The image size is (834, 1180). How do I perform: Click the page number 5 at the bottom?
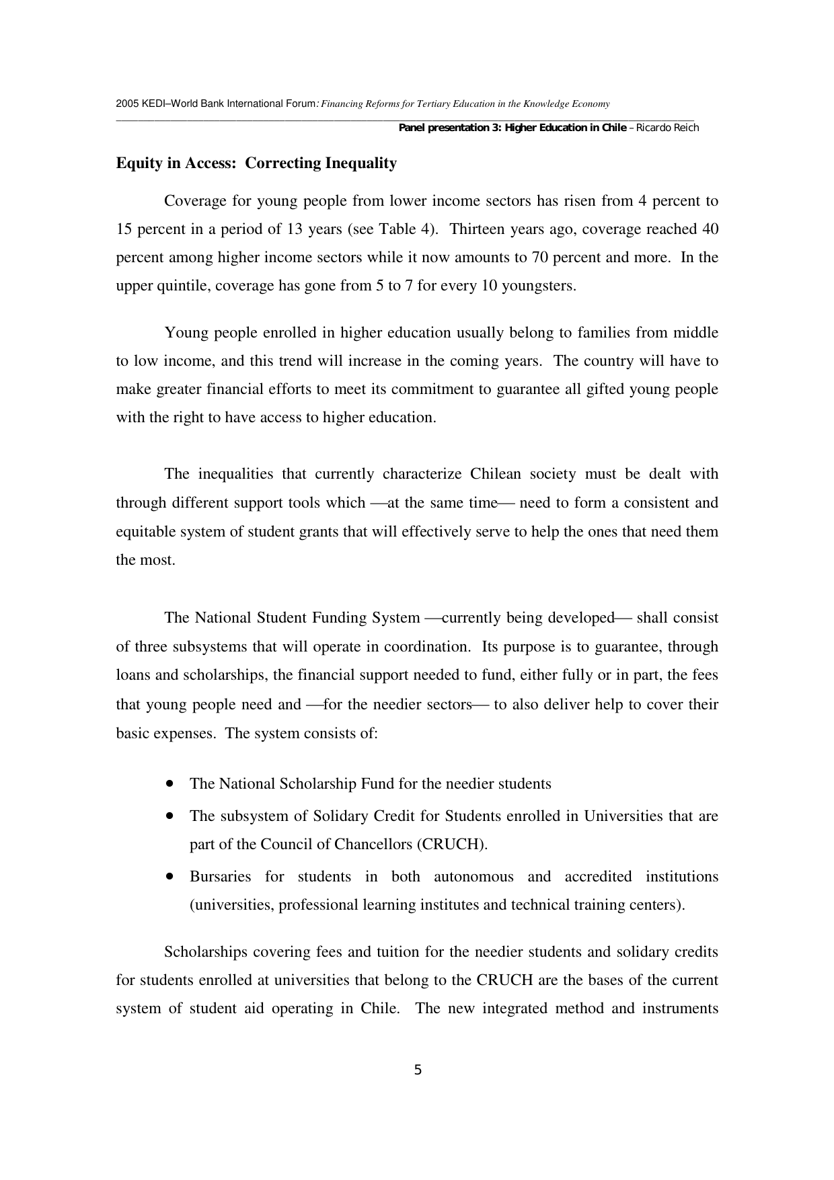(x=418, y=1070)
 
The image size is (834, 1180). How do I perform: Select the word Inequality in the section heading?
(x=361, y=163)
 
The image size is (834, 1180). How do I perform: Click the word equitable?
(x=147, y=532)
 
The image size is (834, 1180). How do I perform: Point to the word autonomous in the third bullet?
(x=473, y=877)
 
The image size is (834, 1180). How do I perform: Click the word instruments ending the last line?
(x=680, y=1009)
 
